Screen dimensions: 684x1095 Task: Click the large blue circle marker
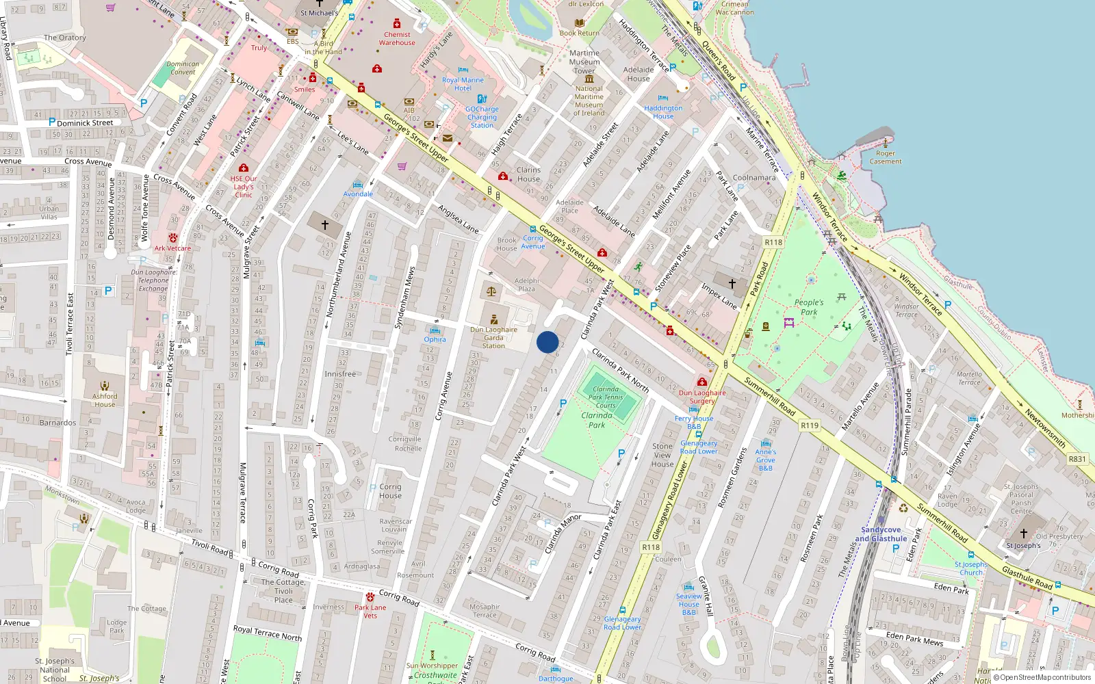click(x=547, y=342)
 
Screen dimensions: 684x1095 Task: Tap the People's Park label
click(x=809, y=307)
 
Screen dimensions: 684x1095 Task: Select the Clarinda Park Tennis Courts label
click(x=606, y=397)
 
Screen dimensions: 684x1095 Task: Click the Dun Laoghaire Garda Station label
click(x=493, y=337)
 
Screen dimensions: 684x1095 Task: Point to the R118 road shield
click(x=773, y=242)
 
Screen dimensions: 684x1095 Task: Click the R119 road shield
click(x=810, y=425)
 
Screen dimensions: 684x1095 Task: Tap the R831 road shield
click(x=1077, y=459)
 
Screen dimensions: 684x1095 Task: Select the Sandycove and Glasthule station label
click(x=881, y=534)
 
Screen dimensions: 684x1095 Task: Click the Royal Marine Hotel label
click(x=463, y=84)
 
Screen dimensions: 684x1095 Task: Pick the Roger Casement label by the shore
click(x=886, y=157)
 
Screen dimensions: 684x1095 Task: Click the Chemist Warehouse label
click(x=397, y=38)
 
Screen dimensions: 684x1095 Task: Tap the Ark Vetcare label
click(x=172, y=248)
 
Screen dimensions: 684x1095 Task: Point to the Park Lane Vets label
click(x=370, y=611)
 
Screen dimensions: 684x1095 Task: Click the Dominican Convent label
click(x=183, y=68)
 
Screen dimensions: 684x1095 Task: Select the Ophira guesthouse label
click(x=435, y=339)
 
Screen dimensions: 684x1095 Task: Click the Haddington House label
click(x=663, y=112)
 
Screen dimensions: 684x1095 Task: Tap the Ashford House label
click(x=105, y=400)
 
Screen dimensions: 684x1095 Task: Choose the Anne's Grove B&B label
click(x=766, y=460)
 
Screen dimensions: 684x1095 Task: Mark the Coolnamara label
click(x=754, y=177)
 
